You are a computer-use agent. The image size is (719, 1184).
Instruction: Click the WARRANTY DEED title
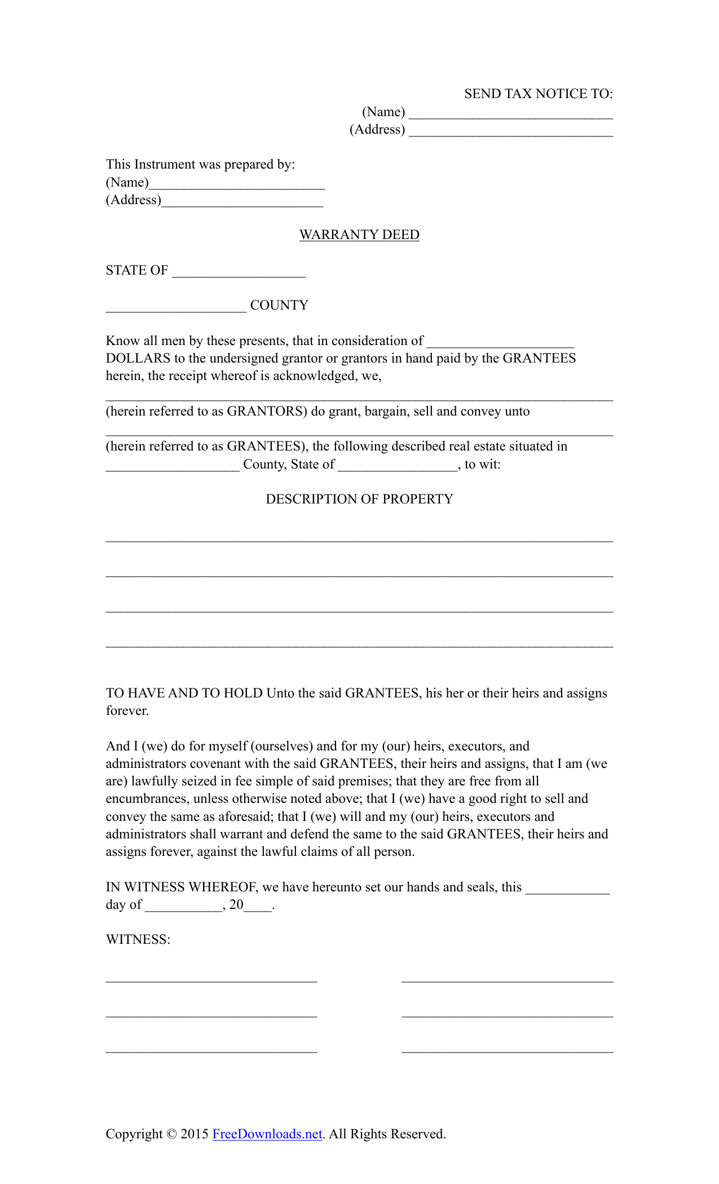tap(359, 235)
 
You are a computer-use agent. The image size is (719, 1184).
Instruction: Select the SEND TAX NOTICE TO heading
tap(538, 94)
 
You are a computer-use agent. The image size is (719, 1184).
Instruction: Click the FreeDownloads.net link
tap(267, 1134)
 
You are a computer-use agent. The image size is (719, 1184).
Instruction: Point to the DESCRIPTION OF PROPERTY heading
tap(359, 499)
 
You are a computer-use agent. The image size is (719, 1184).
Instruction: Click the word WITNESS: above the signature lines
tap(138, 939)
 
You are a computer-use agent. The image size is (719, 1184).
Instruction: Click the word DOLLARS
tap(138, 358)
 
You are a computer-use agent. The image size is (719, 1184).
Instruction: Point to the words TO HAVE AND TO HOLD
tap(184, 693)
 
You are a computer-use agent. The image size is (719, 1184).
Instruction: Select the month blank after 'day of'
tap(184, 906)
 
